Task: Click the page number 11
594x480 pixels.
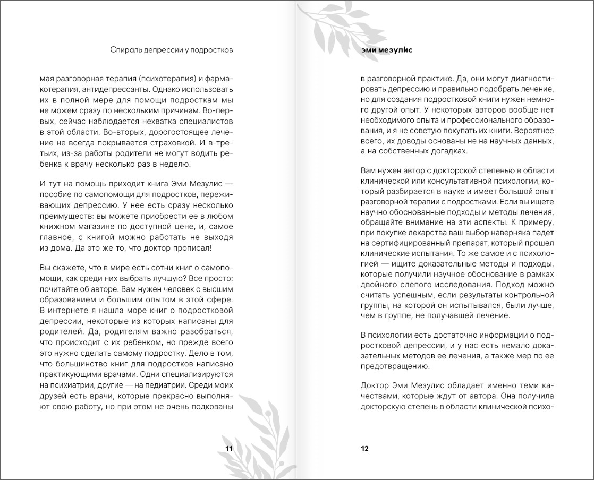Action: pyautogui.click(x=229, y=448)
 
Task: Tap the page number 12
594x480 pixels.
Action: pyautogui.click(x=364, y=448)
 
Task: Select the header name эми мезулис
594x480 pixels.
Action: pyautogui.click(x=387, y=50)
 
